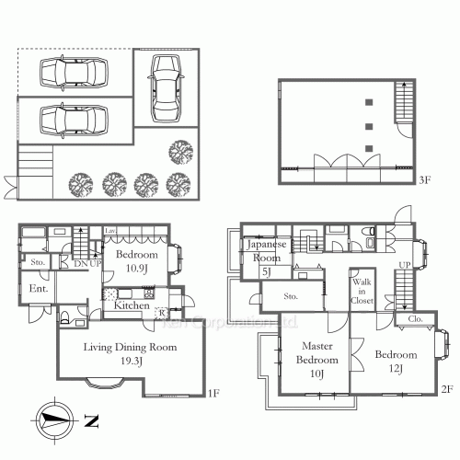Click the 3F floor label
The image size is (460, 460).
click(x=425, y=181)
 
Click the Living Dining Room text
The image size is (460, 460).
click(x=129, y=354)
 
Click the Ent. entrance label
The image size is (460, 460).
click(x=39, y=290)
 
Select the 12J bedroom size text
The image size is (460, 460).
click(x=396, y=368)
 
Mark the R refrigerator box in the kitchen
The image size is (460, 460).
click(x=162, y=313)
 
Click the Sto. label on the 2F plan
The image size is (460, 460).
click(x=292, y=296)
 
